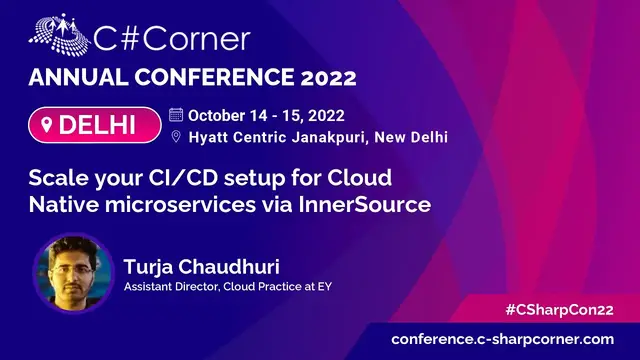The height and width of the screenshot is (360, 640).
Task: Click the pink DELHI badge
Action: point(95,126)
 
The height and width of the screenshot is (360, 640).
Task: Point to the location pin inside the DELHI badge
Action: point(48,126)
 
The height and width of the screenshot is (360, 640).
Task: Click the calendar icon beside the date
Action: point(177,114)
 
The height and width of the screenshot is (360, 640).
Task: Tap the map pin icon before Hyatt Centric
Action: point(177,137)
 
